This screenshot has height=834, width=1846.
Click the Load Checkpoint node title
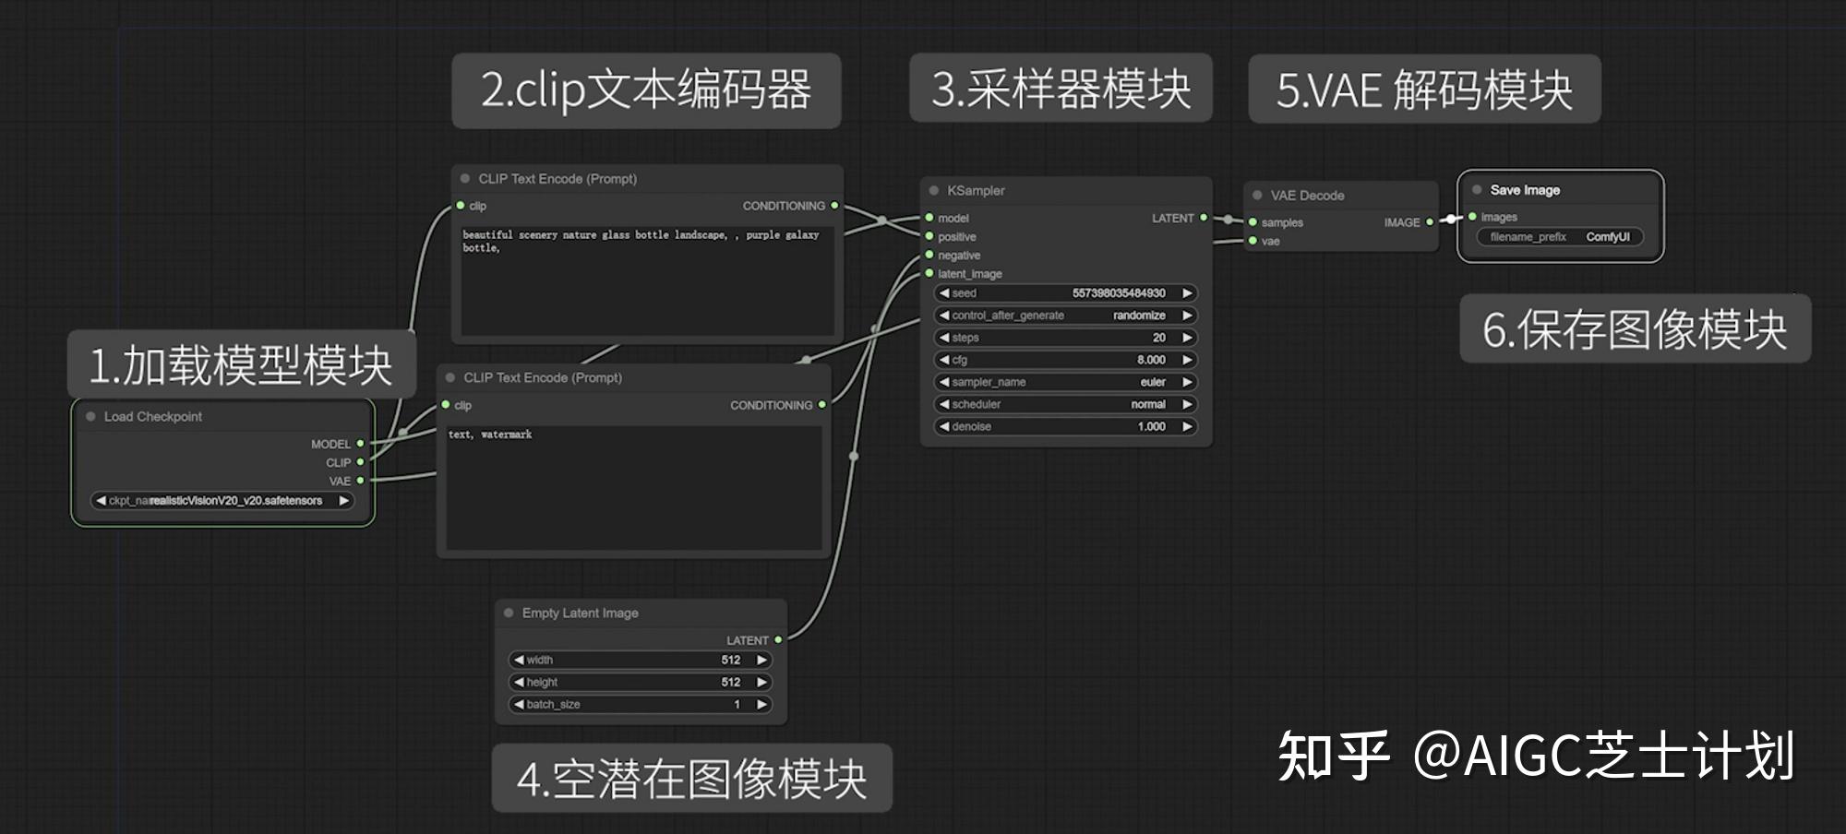tap(153, 417)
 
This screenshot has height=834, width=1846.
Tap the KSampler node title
tap(976, 191)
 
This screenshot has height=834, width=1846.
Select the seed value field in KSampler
tap(1065, 293)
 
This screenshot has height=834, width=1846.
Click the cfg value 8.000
tap(1065, 360)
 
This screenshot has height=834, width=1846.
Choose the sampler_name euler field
tap(1065, 382)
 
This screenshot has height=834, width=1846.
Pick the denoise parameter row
tap(1065, 426)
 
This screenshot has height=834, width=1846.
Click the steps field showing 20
tap(1065, 338)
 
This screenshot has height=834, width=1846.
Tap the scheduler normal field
tap(1065, 404)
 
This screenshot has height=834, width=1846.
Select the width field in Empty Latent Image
tap(640, 660)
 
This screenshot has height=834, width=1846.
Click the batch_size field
tap(640, 704)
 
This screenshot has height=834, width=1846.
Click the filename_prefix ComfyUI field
tap(1560, 237)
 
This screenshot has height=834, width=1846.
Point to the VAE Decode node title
tap(1307, 196)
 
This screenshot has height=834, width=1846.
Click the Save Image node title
tap(1525, 190)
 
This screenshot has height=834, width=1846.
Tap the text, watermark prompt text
tap(490, 435)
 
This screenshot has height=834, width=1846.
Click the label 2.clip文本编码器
tap(646, 90)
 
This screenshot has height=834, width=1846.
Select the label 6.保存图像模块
tap(1635, 329)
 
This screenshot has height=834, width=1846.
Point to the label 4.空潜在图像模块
tap(691, 779)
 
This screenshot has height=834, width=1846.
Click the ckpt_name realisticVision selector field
tap(222, 501)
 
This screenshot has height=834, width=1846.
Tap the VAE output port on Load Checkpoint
tap(361, 481)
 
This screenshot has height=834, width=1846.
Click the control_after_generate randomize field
tap(1065, 316)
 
